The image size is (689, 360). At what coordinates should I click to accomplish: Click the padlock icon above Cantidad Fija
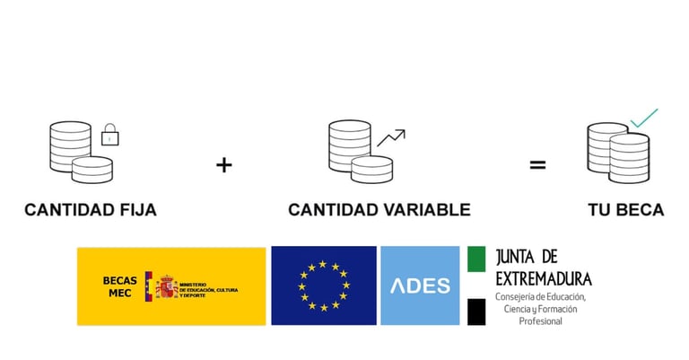[x=109, y=135]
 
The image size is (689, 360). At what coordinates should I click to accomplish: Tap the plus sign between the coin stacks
[x=224, y=165]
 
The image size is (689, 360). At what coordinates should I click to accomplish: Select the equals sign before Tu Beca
[x=536, y=165]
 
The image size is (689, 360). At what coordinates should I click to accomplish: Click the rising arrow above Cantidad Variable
[x=391, y=137]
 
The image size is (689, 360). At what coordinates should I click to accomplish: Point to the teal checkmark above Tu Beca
[x=643, y=118]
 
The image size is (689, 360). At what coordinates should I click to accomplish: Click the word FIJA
[x=133, y=210]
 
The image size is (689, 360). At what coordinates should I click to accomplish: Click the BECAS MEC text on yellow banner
[x=119, y=285]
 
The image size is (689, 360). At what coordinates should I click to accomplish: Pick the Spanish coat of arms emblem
[x=164, y=286]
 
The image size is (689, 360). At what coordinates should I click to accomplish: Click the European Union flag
[x=324, y=285]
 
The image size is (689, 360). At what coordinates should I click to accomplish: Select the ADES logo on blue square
[x=421, y=285]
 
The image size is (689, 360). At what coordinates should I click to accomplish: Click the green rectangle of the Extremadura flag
[x=476, y=259]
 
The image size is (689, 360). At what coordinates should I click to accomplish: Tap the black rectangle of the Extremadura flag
[x=476, y=312]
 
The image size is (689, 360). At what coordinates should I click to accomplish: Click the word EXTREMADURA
[x=544, y=277]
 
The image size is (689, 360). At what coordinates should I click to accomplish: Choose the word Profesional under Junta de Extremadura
[x=540, y=320]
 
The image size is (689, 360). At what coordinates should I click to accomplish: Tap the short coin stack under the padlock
[x=92, y=170]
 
